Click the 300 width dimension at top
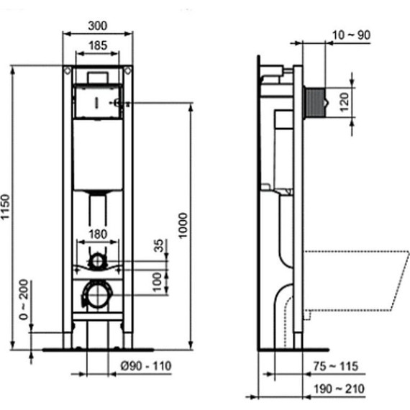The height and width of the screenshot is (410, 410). point(98,25)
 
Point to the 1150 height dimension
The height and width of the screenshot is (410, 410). point(6,209)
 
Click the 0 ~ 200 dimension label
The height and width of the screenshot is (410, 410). point(24,300)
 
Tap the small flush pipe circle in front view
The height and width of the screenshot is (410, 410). point(98,260)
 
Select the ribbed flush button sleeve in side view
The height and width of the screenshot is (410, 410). point(314,102)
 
